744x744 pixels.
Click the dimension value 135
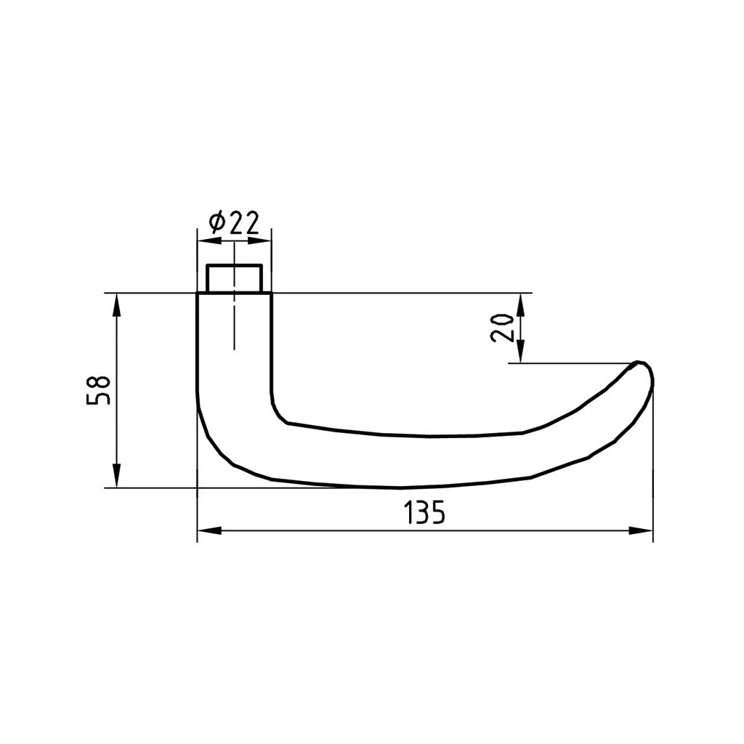coord(424,511)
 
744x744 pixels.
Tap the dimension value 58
coord(98,390)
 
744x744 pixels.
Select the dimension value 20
coord(502,328)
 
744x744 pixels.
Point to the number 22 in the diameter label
coord(244,223)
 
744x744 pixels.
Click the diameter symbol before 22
coord(217,223)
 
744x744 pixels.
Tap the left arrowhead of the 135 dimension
coord(209,531)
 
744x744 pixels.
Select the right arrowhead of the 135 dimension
coord(641,531)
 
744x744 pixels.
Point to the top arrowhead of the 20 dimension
coord(520,306)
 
